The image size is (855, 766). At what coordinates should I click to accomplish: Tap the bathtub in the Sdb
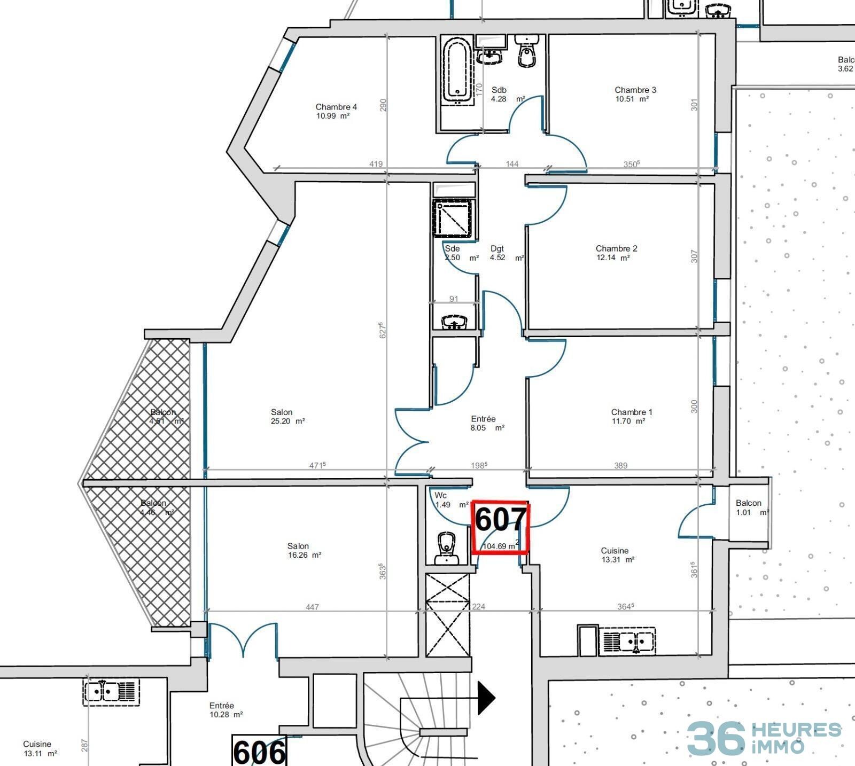[x=457, y=69]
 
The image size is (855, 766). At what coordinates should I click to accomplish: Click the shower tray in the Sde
[x=453, y=218]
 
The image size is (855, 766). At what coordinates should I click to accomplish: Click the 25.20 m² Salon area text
[x=288, y=421]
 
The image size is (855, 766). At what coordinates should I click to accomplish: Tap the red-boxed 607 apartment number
[x=500, y=520]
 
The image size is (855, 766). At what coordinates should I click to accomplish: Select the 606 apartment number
[x=259, y=752]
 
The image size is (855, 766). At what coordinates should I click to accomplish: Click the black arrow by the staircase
[x=486, y=697]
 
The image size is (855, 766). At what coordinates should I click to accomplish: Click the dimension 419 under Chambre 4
[x=376, y=164]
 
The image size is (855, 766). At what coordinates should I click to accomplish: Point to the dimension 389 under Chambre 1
[x=620, y=465]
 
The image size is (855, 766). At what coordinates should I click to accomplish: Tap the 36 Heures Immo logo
[x=764, y=738]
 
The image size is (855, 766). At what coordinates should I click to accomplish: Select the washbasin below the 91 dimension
[x=454, y=322]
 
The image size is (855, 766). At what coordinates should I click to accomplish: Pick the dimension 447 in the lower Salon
[x=312, y=607]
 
